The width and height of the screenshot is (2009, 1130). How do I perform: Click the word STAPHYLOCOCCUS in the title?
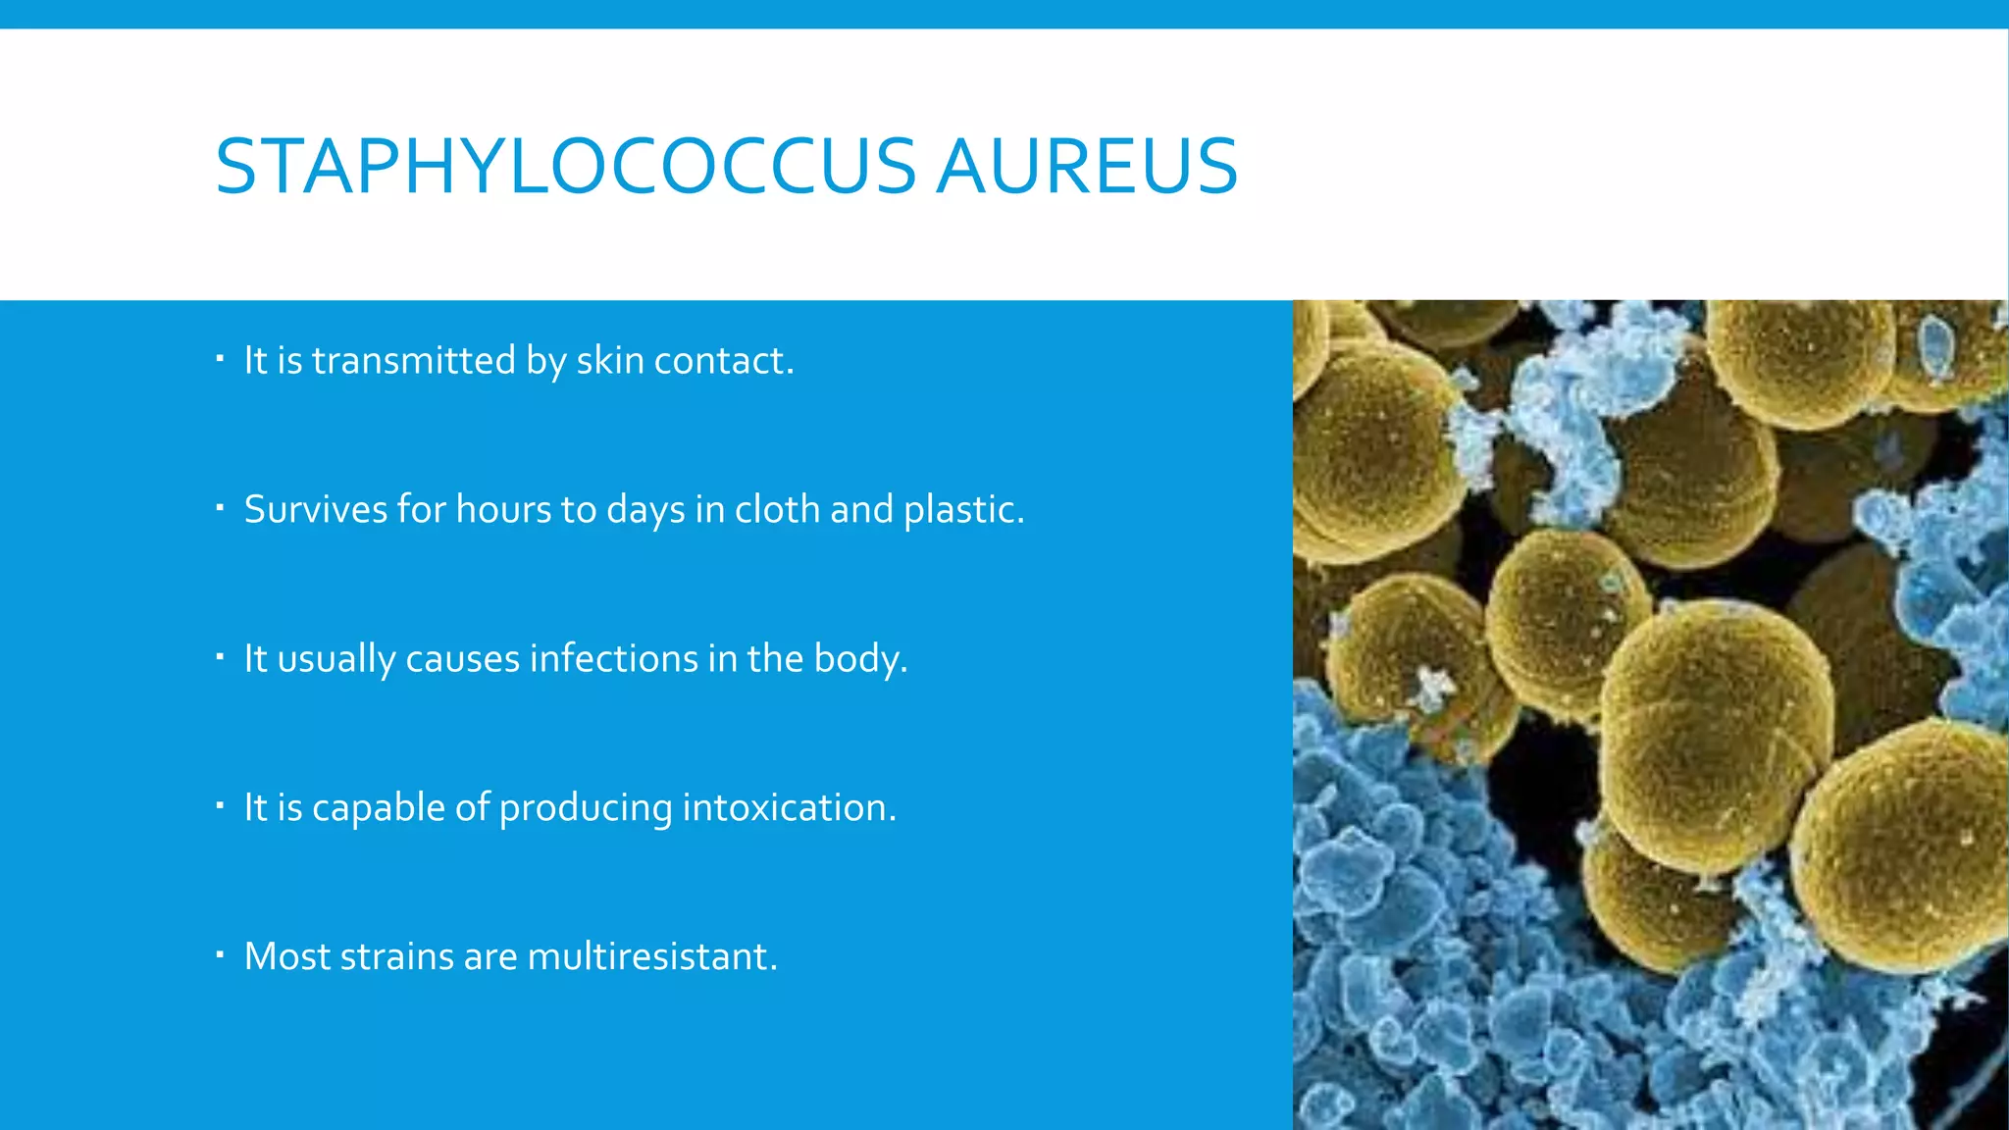coord(565,167)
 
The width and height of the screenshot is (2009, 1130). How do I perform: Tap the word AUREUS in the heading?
coord(1087,167)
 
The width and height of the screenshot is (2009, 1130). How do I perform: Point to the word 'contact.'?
coord(724,361)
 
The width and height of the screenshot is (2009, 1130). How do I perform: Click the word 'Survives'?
coord(316,510)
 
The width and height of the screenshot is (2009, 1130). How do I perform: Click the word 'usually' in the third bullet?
coord(335,659)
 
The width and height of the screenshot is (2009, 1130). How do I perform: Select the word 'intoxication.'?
coord(789,808)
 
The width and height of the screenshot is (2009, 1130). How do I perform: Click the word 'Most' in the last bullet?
coord(286,957)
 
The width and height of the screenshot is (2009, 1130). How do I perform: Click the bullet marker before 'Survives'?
coord(221,508)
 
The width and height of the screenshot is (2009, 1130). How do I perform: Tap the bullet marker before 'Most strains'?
coord(221,954)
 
